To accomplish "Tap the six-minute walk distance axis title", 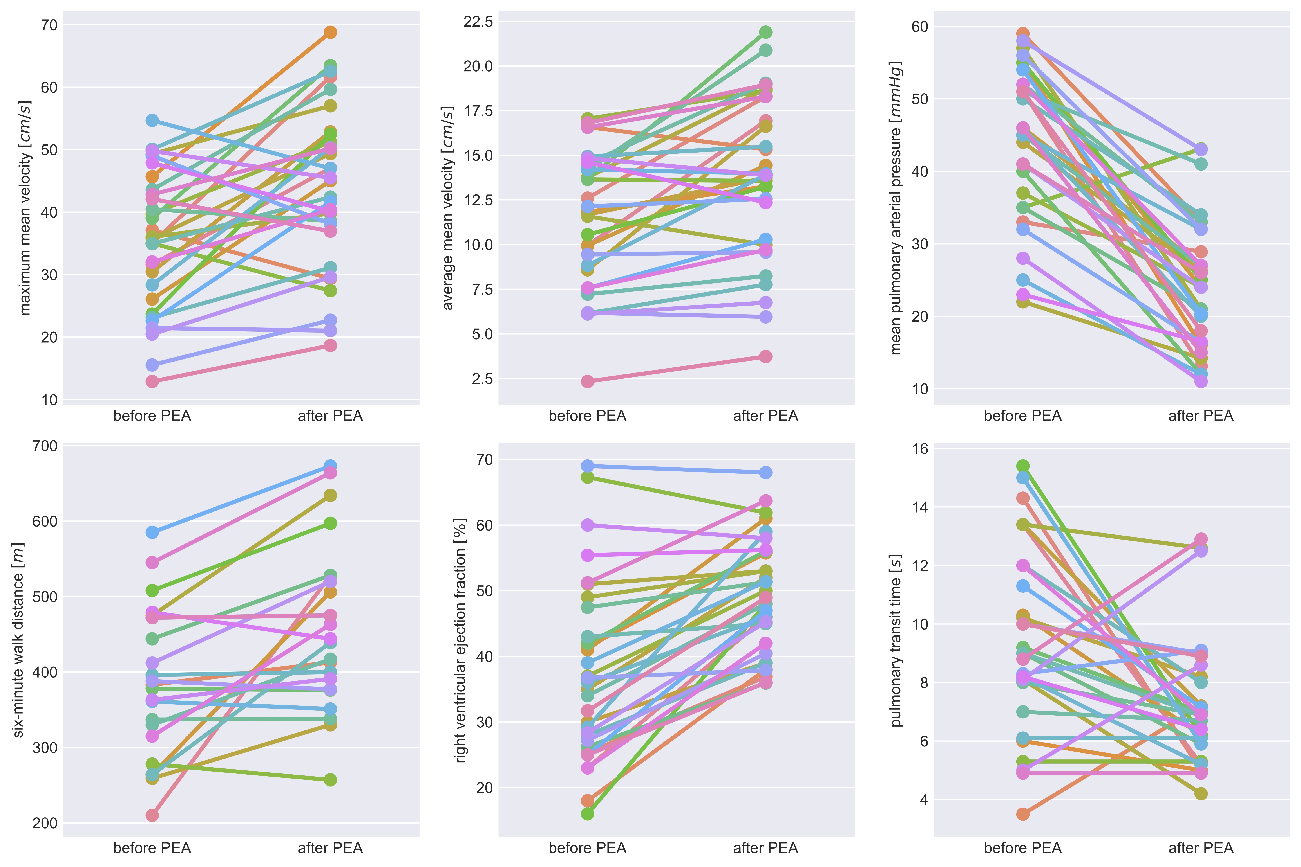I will click(x=18, y=640).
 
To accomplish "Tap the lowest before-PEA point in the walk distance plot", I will click(x=152, y=815).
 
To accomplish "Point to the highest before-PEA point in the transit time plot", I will click(x=1023, y=466).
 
